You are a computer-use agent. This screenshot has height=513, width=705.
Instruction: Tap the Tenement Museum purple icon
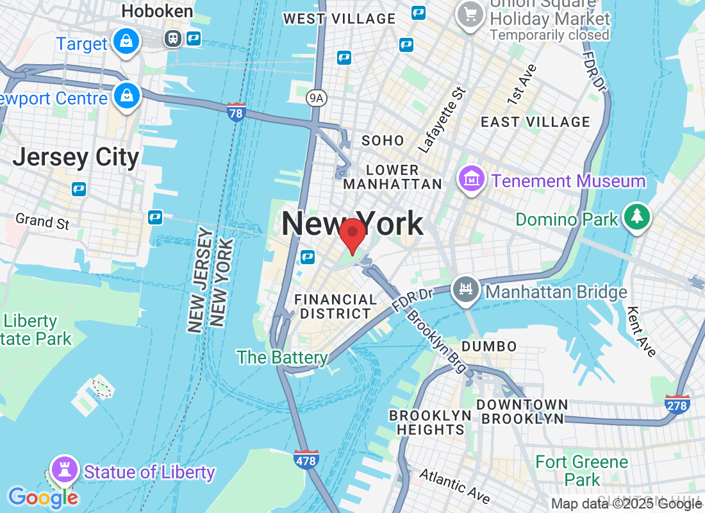(x=471, y=180)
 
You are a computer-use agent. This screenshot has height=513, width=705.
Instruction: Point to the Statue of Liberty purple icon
(x=64, y=469)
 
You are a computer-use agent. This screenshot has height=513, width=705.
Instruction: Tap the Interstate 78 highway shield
(x=236, y=112)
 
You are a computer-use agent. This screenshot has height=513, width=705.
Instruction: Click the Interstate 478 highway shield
(x=307, y=459)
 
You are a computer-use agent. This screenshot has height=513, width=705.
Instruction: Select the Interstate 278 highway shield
(x=677, y=404)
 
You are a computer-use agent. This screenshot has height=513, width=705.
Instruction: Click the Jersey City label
(x=76, y=157)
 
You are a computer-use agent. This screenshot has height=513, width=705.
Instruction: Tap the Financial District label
(x=335, y=307)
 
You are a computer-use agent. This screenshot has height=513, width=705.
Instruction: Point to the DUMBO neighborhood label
(x=489, y=346)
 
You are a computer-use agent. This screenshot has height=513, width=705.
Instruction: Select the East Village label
(x=535, y=122)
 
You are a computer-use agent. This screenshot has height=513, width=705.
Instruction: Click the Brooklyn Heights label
(x=430, y=423)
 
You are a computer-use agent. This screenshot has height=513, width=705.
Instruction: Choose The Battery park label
(x=283, y=357)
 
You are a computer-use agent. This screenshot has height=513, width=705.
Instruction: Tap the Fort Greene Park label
(x=582, y=470)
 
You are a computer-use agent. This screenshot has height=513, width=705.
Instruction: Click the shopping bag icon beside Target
(x=126, y=42)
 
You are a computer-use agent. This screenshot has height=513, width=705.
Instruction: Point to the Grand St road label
(x=42, y=221)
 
